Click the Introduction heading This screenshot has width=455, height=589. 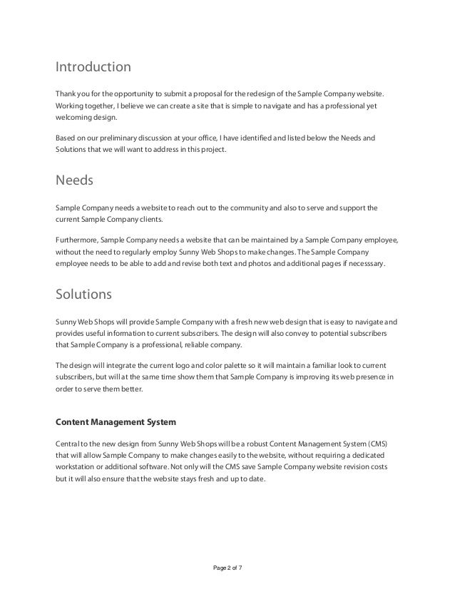pyautogui.click(x=93, y=68)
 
